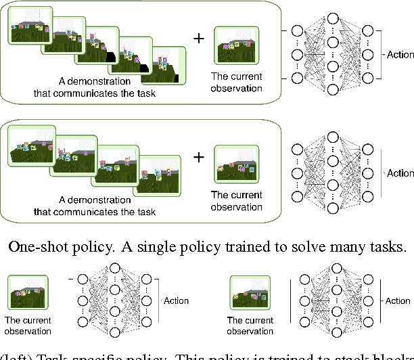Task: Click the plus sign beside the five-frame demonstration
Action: pos(198,38)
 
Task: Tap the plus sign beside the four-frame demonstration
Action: pos(198,158)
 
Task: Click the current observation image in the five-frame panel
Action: pos(237,46)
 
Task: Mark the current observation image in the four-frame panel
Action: pos(237,164)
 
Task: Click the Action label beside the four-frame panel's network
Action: pos(400,174)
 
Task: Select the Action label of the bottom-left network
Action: pos(176,300)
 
